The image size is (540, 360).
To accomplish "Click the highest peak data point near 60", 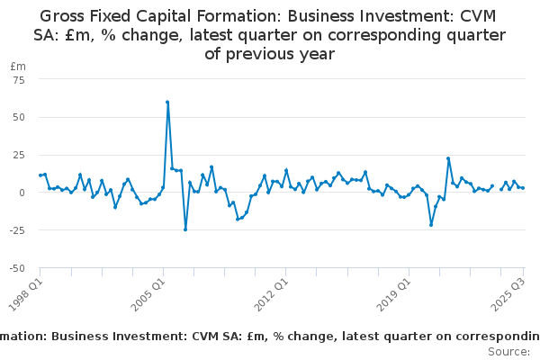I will click(x=167, y=102).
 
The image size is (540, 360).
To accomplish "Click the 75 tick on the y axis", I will click(x=18, y=79).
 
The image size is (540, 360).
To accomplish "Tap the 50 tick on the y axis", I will click(x=18, y=117).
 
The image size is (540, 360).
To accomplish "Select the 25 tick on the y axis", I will click(x=18, y=155).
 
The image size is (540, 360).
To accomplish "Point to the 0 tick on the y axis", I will click(x=22, y=193).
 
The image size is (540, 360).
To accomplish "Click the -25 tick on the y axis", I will click(x=16, y=230).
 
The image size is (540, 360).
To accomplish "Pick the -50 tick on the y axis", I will click(x=16, y=268).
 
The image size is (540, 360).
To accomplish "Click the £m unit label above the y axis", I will click(x=17, y=67).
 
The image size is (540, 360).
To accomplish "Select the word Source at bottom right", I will click(x=508, y=351).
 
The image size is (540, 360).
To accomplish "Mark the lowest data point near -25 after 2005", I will click(x=185, y=229).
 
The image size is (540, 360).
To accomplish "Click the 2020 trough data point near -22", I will click(x=431, y=225).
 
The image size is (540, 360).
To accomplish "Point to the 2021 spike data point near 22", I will click(x=448, y=158).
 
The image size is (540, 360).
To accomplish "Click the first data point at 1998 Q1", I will click(x=40, y=175).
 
